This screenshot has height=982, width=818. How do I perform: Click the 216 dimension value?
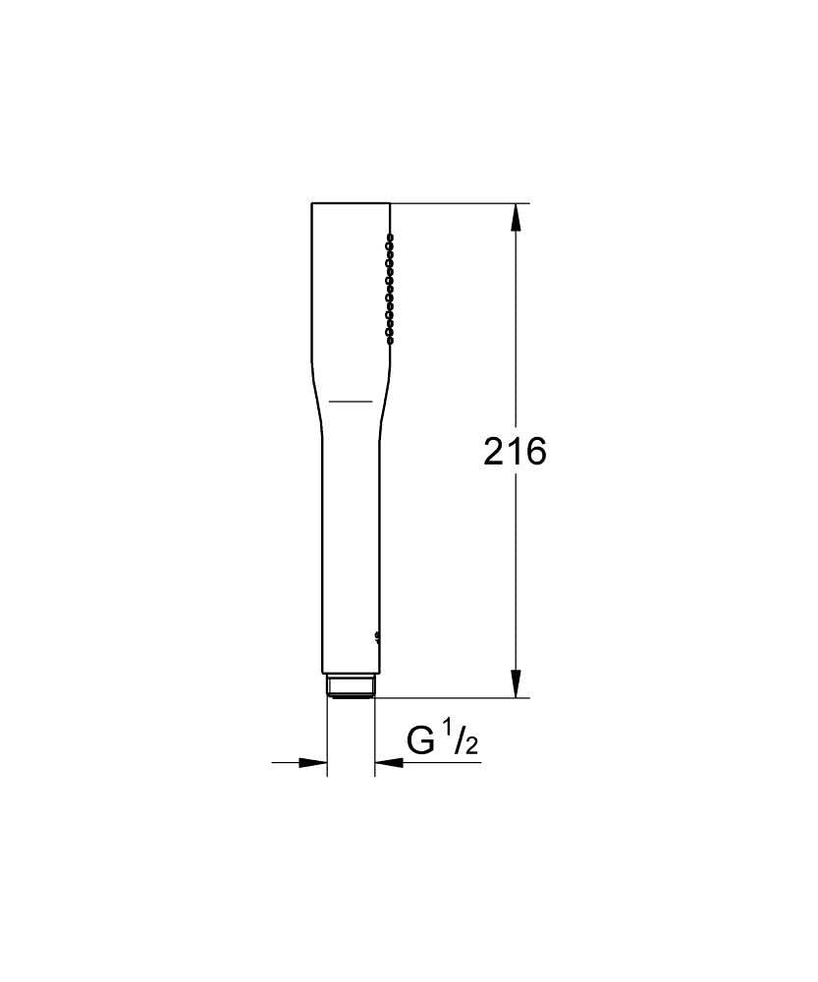click(x=515, y=452)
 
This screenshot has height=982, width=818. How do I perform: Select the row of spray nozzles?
click(x=390, y=288)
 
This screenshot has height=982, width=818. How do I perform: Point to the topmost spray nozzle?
click(x=390, y=237)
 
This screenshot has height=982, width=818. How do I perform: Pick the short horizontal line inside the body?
click(x=350, y=401)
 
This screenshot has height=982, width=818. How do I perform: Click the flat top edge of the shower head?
click(x=351, y=203)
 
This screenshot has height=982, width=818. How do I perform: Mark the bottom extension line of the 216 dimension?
click(x=452, y=698)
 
